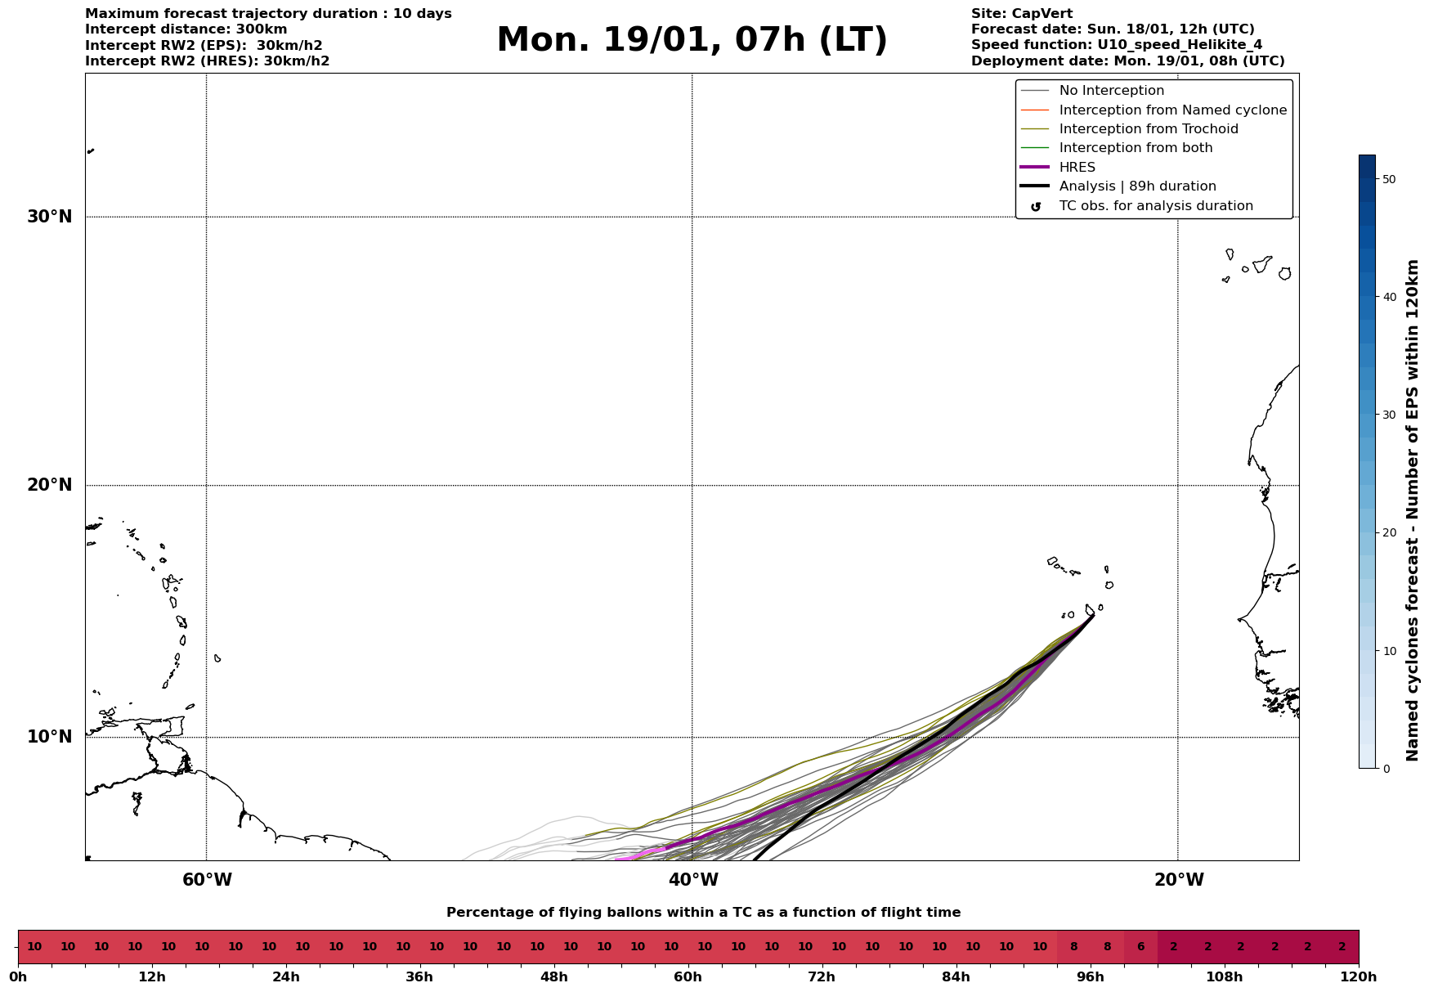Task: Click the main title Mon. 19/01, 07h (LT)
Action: point(692,40)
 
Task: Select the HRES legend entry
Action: point(1077,168)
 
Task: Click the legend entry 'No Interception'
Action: point(1111,91)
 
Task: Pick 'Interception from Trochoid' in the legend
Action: point(1148,129)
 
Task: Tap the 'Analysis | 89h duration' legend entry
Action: point(1137,186)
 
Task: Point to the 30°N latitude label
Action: point(50,217)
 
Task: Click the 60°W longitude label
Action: point(207,880)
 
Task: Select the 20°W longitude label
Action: point(1178,880)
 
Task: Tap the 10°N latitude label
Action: point(50,737)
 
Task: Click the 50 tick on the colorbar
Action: point(1388,179)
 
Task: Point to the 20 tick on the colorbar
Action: point(1388,532)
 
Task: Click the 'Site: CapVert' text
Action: point(1021,14)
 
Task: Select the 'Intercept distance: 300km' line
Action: point(186,29)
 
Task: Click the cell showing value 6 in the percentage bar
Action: point(1140,947)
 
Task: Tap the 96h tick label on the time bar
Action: point(1090,977)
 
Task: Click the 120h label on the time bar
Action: point(1359,977)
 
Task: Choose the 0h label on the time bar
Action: point(18,977)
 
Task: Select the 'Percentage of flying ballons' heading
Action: point(703,913)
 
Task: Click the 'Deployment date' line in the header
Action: point(1127,61)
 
